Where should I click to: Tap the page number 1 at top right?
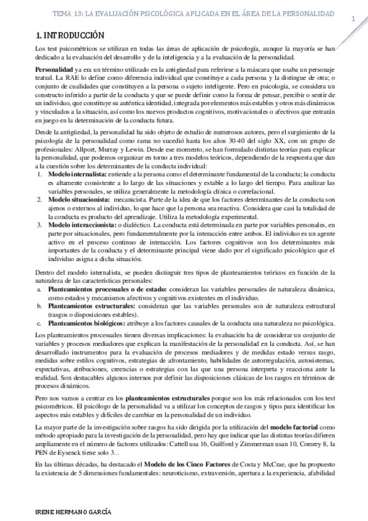(x=354, y=20)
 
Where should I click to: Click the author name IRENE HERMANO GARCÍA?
(x=68, y=511)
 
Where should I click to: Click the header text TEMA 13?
(x=87, y=13)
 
